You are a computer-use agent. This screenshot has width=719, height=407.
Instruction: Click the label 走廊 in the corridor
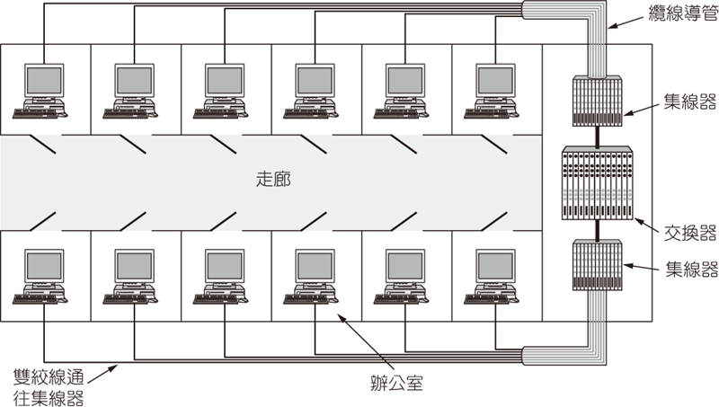pos(273,179)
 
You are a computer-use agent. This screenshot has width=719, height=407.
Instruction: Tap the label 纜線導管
pos(683,13)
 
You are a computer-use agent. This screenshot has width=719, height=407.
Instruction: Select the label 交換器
pos(690,234)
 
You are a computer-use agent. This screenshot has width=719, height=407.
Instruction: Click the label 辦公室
pos(396,383)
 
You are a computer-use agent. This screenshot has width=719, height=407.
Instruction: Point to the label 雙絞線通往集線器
pos(49,387)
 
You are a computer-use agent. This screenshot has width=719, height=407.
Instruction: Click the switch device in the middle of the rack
pos(598,183)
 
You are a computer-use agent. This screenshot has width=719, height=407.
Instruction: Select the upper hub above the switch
pos(598,101)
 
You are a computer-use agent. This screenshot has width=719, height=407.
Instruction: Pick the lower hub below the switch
pos(598,265)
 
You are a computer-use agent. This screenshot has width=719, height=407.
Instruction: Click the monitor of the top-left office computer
pos(43,81)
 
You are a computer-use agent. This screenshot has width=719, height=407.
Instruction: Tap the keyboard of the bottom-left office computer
pos(36,299)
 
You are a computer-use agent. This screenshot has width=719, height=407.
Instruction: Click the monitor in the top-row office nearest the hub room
pos(495,81)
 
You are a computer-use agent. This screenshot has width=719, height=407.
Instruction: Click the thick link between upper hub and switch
pos(598,137)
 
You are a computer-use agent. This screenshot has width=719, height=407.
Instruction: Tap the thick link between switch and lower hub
pos(598,230)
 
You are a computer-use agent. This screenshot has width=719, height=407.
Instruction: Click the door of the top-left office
pos(41,144)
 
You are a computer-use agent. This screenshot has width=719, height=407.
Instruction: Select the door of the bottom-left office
pos(41,221)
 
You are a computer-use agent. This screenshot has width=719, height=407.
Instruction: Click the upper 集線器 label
pos(690,102)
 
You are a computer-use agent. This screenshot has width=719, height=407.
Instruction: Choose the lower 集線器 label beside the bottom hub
pos(691,270)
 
